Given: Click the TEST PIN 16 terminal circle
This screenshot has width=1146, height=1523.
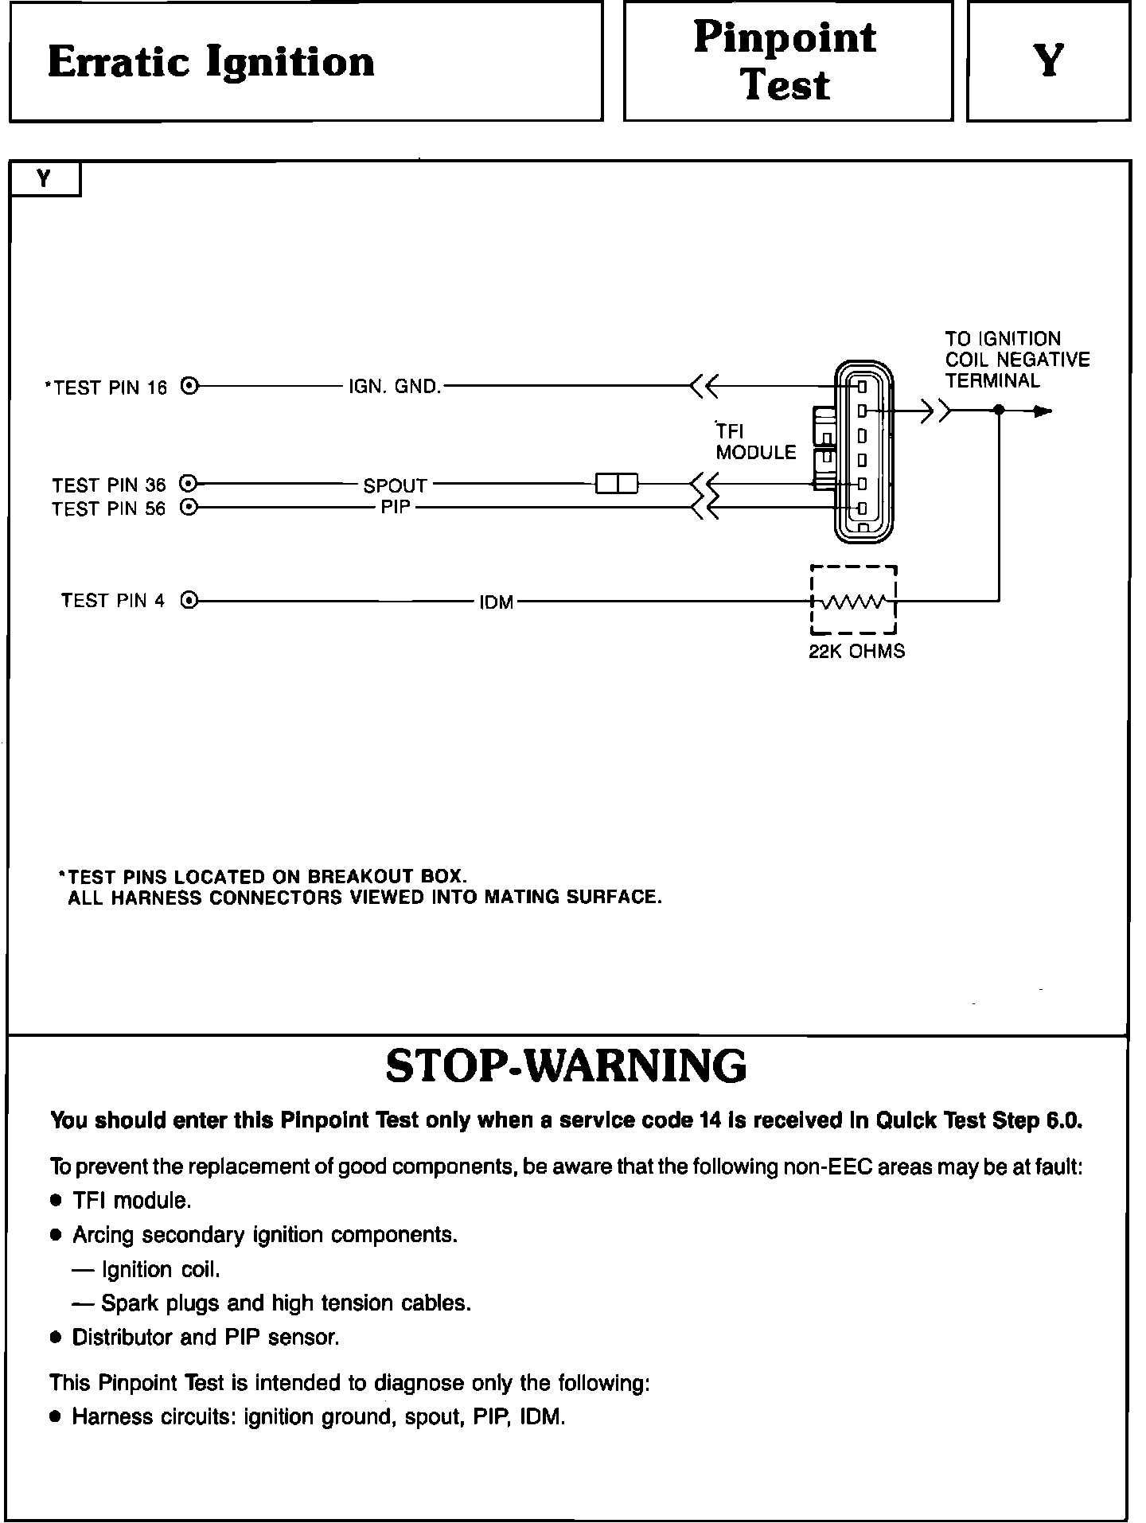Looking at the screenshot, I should (189, 387).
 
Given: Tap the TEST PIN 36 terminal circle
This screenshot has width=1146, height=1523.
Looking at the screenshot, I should (189, 483).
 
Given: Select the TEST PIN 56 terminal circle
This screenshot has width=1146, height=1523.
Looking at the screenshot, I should (189, 507).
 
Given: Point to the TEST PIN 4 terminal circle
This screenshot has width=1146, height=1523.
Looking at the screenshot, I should (189, 601).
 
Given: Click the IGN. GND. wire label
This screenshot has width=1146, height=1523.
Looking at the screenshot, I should (395, 388).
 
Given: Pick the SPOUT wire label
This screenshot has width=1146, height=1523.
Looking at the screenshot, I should (395, 485).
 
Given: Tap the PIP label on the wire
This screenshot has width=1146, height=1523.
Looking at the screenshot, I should (396, 507).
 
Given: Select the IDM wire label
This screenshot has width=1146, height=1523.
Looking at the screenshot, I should (497, 603).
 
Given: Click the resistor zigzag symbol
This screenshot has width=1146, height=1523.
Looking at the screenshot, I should (853, 602).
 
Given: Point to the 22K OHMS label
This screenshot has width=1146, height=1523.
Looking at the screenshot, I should (857, 652).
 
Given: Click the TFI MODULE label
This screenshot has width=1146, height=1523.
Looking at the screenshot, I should (754, 442).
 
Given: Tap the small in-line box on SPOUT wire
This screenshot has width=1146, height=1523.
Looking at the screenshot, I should (617, 483).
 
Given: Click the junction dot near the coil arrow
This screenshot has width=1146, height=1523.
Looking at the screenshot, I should (999, 411).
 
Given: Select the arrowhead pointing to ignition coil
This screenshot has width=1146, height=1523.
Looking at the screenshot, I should (1043, 411).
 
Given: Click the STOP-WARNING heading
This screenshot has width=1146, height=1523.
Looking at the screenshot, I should (566, 1066).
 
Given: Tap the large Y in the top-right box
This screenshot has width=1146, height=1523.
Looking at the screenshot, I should (1049, 60).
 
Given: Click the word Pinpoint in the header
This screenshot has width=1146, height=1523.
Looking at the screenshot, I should (785, 38).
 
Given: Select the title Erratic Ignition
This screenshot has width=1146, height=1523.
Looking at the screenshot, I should (211, 62).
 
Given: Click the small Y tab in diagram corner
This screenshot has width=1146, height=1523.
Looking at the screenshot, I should (45, 179).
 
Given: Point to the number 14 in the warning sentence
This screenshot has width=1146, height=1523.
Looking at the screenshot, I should (710, 1120).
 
